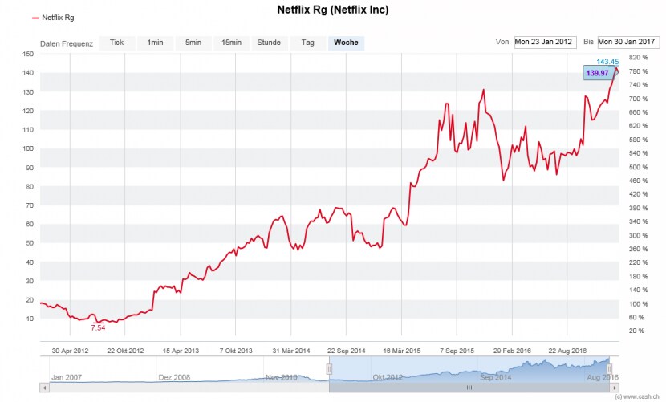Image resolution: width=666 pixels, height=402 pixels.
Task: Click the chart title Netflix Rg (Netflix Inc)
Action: (x=332, y=10)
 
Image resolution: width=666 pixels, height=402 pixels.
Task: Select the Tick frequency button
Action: (x=117, y=43)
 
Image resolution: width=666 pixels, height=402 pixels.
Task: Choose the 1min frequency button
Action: (x=155, y=43)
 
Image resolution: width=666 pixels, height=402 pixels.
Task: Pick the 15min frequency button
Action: (x=231, y=43)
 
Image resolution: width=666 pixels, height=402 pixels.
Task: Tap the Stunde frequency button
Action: (x=268, y=43)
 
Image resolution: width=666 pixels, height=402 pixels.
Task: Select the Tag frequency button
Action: (x=307, y=43)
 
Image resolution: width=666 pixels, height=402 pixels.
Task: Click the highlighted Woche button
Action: (x=346, y=43)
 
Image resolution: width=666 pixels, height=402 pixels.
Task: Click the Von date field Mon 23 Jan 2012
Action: (x=545, y=42)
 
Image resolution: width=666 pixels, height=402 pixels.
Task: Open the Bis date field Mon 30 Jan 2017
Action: (x=627, y=42)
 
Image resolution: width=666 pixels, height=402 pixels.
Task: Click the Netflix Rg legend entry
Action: (x=57, y=17)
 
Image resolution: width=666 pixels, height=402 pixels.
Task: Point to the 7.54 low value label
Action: (x=98, y=327)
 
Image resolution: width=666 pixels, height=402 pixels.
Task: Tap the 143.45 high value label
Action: (x=607, y=62)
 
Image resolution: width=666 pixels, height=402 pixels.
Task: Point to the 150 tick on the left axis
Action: (x=28, y=54)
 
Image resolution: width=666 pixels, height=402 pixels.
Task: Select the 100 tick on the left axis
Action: (x=28, y=148)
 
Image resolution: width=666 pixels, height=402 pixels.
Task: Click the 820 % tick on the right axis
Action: (x=638, y=58)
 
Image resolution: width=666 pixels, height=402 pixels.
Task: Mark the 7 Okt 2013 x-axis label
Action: (x=237, y=351)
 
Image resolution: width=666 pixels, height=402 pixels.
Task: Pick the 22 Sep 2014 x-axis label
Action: (x=347, y=351)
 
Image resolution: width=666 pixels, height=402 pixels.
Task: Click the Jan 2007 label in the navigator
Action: (x=67, y=376)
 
